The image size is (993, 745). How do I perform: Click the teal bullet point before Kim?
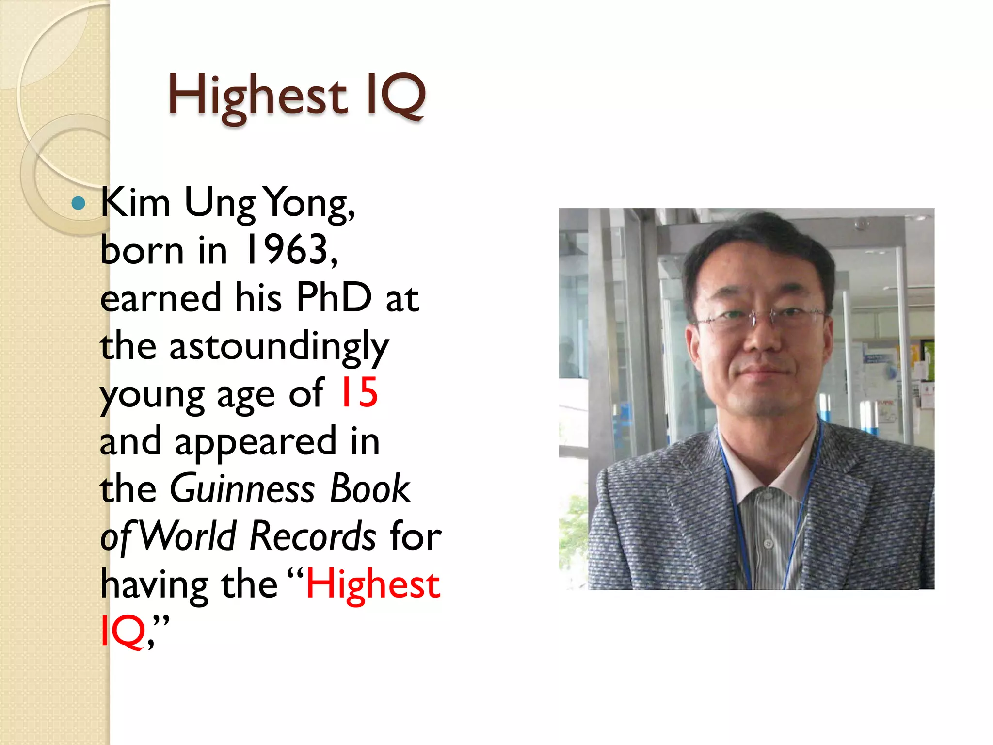click(78, 203)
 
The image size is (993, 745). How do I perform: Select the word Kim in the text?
click(135, 203)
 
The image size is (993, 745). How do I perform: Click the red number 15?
click(359, 393)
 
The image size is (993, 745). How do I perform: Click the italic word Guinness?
click(242, 489)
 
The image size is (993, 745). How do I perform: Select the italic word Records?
click(313, 536)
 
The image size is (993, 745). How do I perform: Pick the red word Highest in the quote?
click(373, 584)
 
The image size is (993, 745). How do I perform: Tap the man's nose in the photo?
click(763, 340)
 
